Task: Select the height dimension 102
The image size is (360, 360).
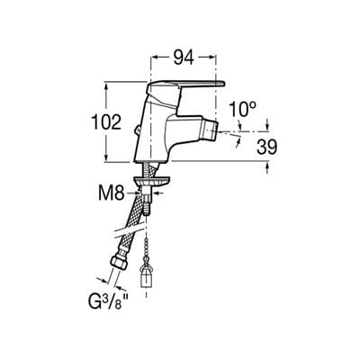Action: (x=106, y=123)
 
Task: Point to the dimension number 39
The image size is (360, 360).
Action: (x=265, y=146)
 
